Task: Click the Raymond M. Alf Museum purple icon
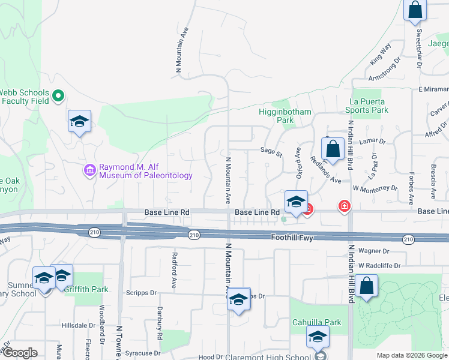tap(90, 170)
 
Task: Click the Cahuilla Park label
tap(316, 322)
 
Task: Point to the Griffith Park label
tap(86, 289)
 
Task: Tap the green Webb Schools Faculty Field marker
tap(59, 96)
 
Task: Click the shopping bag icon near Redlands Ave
tap(332, 149)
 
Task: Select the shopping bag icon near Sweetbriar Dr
tap(415, 10)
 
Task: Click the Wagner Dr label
tap(374, 251)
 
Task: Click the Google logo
tap(20, 353)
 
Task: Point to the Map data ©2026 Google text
tap(412, 355)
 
